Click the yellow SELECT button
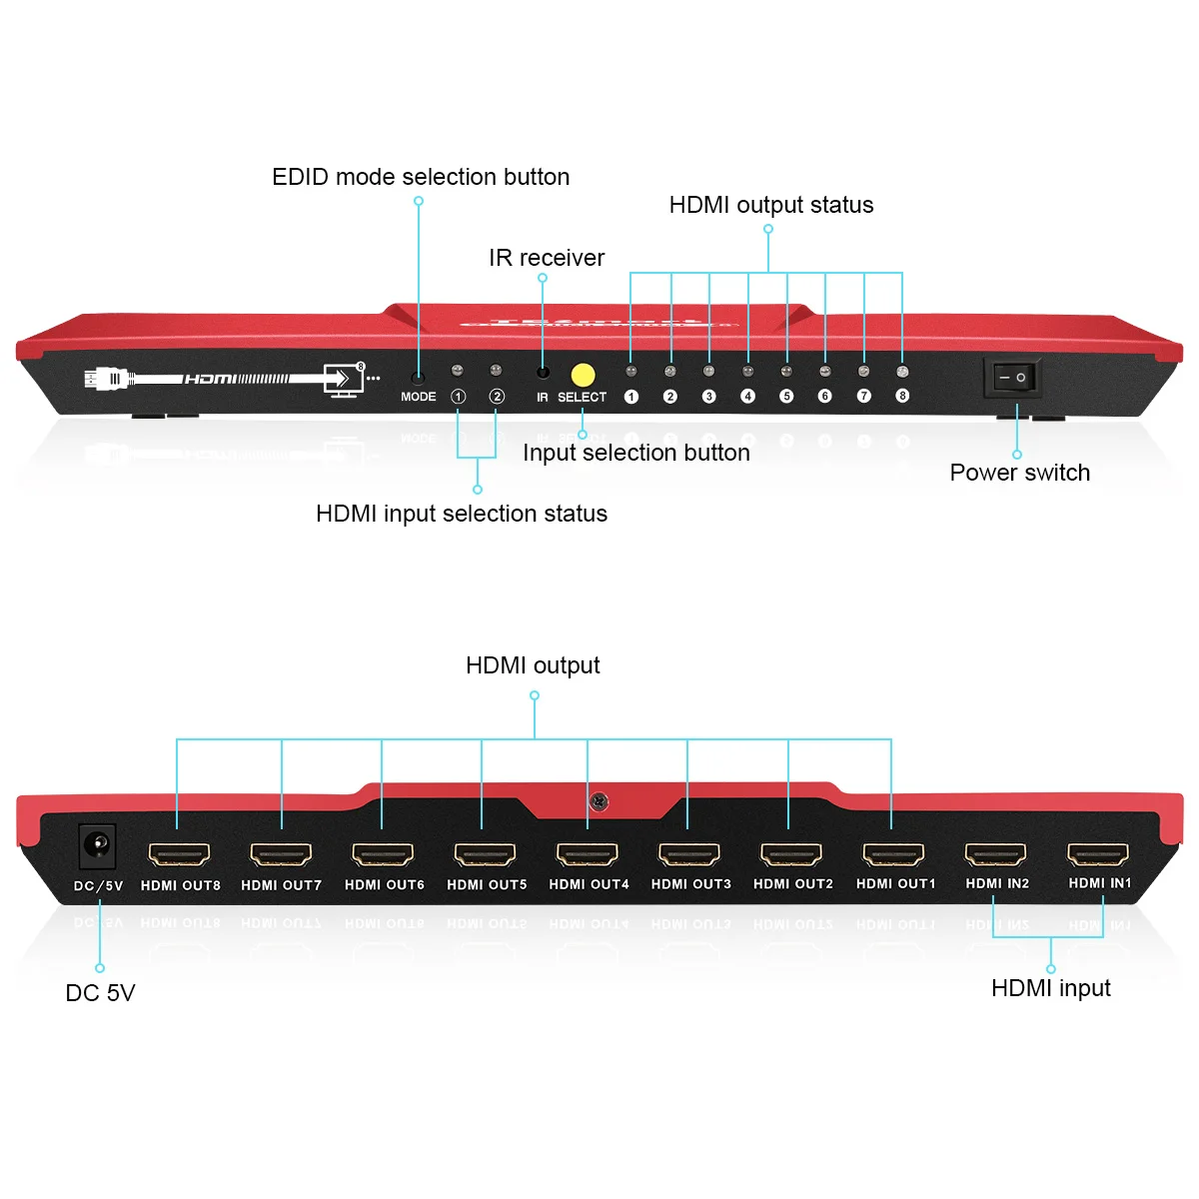(x=583, y=375)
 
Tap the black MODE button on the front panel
(x=418, y=379)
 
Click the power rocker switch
(x=1013, y=378)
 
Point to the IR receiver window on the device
(x=543, y=373)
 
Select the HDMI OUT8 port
(x=180, y=854)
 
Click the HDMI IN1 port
(x=1098, y=853)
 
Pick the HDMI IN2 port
(x=996, y=853)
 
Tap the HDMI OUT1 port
(x=894, y=854)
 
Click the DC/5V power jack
(x=98, y=846)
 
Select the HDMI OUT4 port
(x=588, y=854)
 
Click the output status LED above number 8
(x=902, y=372)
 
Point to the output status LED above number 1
(x=630, y=372)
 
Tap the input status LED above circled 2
(x=496, y=371)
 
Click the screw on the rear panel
(x=599, y=800)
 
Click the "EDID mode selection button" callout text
(x=421, y=177)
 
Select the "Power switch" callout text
(x=1019, y=473)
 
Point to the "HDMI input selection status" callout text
(x=462, y=514)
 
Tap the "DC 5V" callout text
(x=100, y=993)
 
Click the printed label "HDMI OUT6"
(x=385, y=885)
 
